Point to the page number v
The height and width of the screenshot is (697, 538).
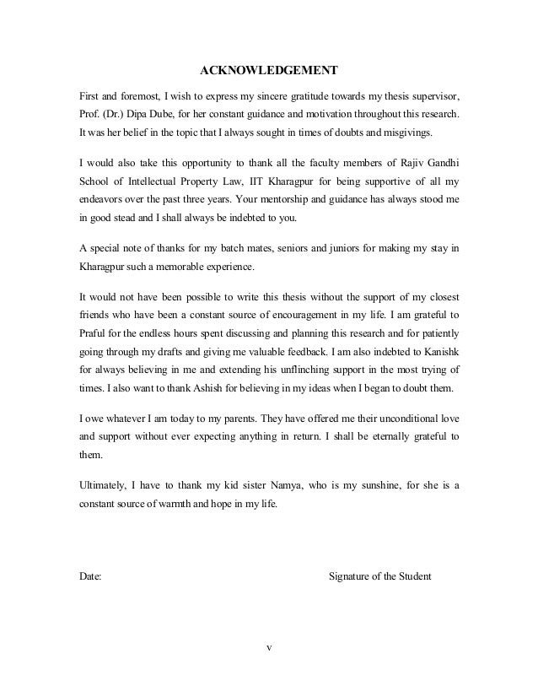click(268, 648)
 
